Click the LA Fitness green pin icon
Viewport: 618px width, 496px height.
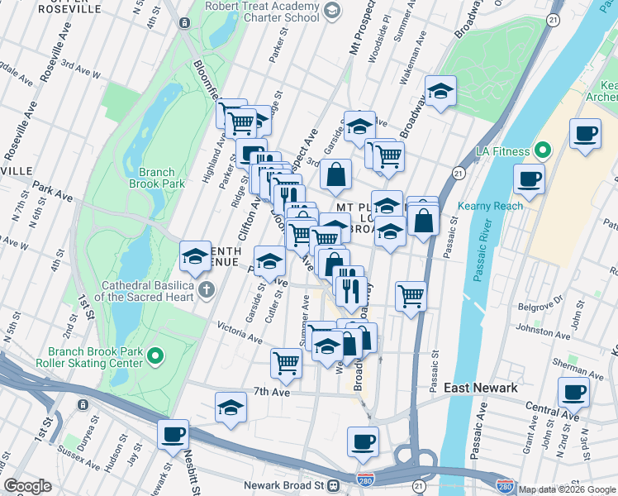(542, 151)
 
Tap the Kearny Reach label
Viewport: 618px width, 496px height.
(497, 206)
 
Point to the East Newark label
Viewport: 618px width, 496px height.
(480, 388)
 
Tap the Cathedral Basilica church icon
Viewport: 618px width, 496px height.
(206, 290)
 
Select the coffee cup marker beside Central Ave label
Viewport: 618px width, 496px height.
(573, 392)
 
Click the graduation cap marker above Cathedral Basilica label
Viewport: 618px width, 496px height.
(196, 256)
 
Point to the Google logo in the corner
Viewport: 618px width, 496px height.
(27, 486)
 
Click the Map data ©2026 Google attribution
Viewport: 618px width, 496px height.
(566, 489)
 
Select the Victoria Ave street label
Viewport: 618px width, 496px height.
(239, 332)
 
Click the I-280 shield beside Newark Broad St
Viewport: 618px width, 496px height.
(364, 479)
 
